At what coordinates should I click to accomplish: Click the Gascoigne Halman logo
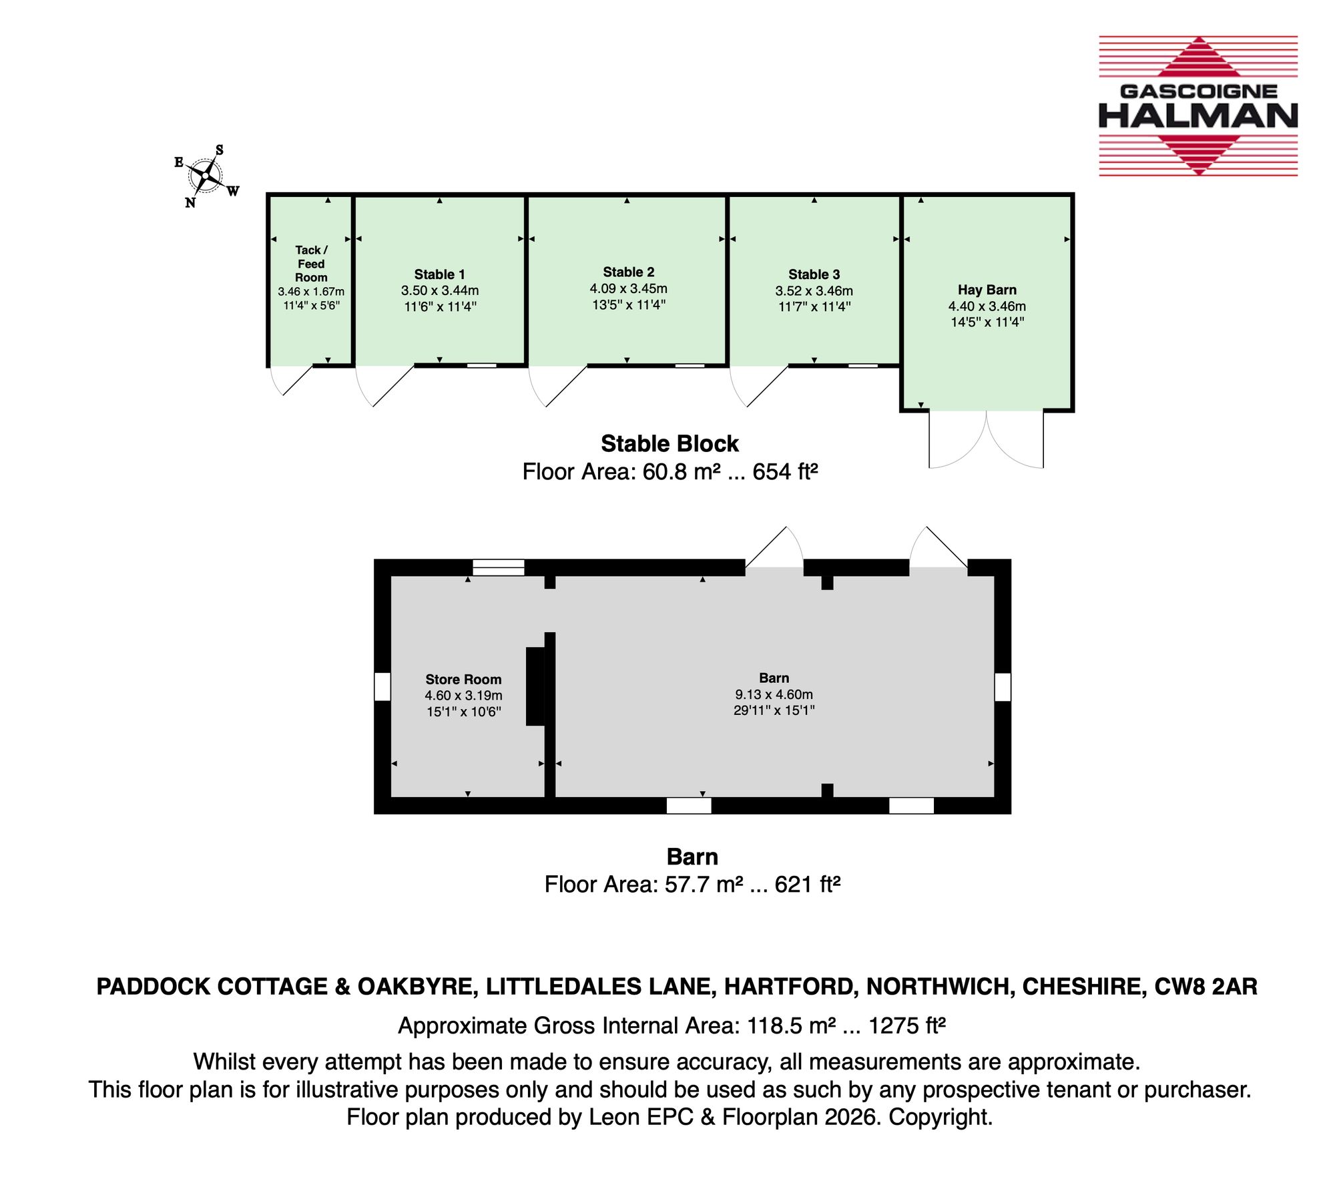1198,105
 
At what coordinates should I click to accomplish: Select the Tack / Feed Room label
311,264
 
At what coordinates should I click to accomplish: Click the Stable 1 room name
439,274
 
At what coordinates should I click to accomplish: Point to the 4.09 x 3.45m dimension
628,288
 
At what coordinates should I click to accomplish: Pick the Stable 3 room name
814,274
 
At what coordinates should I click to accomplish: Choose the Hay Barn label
987,290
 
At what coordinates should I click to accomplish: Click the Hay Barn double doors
986,439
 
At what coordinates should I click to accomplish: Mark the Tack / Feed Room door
290,380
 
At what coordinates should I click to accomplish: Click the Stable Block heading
670,443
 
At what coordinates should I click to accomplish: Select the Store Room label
463,680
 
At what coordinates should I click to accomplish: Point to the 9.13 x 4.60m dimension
774,694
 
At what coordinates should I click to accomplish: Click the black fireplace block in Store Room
535,686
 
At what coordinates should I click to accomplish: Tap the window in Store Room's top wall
499,567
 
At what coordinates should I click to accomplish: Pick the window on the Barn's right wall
1003,687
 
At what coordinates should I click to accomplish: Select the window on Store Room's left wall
382,687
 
